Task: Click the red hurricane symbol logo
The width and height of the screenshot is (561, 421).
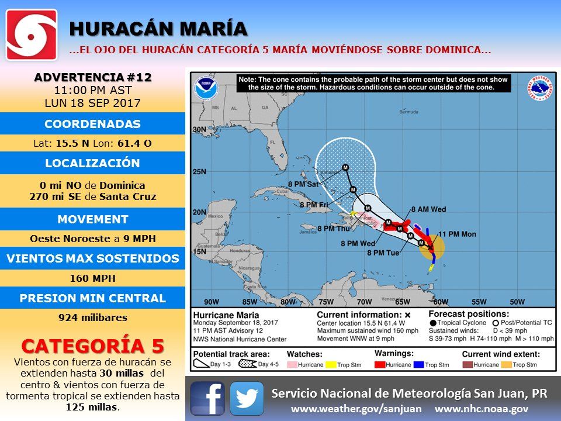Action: click(32, 34)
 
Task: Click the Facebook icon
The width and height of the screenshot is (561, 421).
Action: click(207, 398)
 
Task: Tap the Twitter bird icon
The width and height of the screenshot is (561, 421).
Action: click(247, 398)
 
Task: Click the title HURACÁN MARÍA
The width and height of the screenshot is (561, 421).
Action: click(158, 29)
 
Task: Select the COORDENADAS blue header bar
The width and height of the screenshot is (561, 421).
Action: click(92, 124)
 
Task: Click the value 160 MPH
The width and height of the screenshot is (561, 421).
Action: click(92, 278)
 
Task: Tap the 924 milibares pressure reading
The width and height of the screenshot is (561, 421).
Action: click(92, 318)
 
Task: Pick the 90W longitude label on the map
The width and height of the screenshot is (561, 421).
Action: click(211, 302)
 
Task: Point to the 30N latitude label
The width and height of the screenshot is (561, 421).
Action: click(199, 130)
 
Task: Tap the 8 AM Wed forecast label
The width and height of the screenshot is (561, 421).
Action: click(429, 209)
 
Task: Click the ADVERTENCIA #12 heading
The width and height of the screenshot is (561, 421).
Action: click(92, 77)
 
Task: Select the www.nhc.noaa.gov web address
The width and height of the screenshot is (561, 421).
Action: click(482, 409)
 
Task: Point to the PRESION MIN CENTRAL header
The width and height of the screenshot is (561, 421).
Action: click(92, 298)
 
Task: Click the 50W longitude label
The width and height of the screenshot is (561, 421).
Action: click(517, 302)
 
